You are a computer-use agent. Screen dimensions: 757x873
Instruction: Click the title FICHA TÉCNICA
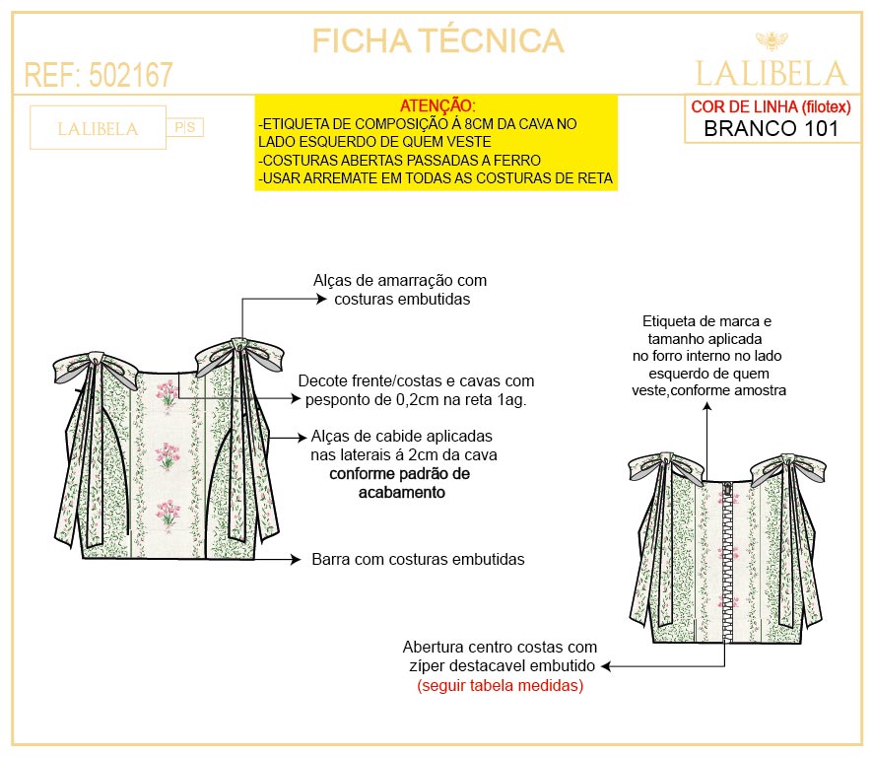tap(437, 40)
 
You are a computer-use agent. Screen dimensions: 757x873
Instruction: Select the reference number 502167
tap(130, 75)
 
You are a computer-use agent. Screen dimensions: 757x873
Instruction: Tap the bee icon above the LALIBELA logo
tap(772, 40)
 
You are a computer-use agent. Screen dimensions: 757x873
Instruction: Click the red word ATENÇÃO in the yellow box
tap(437, 105)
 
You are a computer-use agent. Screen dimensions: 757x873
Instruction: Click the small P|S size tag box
tap(186, 127)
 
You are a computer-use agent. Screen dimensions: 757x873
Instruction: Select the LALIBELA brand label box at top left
tap(98, 128)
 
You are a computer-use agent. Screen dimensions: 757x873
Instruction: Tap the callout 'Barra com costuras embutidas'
tap(418, 559)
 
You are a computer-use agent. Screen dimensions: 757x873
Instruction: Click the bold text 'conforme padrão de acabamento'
tap(398, 482)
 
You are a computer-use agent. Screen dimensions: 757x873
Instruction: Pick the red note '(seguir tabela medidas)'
tap(500, 686)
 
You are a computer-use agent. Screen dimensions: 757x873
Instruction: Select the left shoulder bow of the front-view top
tap(95, 367)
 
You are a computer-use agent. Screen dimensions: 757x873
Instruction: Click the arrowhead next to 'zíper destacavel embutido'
tap(607, 666)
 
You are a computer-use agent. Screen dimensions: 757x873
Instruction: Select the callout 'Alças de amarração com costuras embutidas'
tap(399, 290)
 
